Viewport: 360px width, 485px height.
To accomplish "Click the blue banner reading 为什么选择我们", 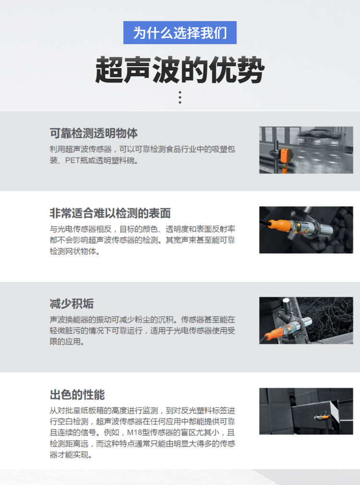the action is (x=180, y=33).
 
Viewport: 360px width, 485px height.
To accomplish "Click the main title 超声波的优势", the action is (x=180, y=70).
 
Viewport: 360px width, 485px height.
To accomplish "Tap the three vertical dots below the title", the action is (x=180, y=97).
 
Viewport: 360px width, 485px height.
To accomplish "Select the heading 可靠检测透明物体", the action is (x=94, y=133).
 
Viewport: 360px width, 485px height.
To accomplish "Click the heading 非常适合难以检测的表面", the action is (x=110, y=213).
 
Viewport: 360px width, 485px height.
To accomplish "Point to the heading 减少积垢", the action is (x=72, y=304).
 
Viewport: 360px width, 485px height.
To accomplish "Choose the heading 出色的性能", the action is (x=77, y=395).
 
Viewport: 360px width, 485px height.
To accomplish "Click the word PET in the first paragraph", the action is (x=72, y=161).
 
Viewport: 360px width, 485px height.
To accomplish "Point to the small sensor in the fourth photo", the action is (x=321, y=417).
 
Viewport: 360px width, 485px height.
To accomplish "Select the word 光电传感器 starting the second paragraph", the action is (x=77, y=229).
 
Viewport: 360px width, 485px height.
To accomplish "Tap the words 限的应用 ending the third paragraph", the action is (x=65, y=342).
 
